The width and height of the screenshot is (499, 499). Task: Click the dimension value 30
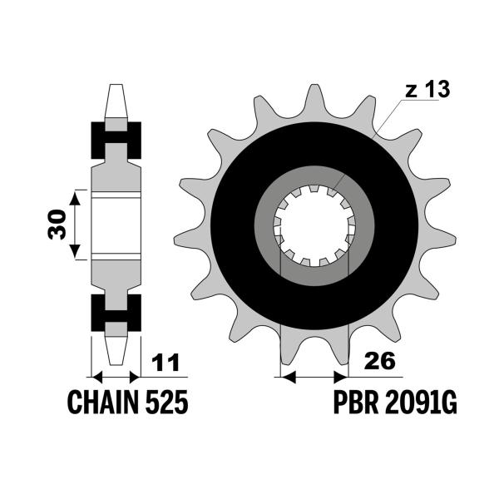coord(57,224)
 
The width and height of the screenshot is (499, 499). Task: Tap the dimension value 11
coord(166,363)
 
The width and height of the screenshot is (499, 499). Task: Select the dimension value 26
coord(380,361)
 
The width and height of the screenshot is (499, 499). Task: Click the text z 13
coord(427,89)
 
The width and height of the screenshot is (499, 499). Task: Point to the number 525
coord(167,403)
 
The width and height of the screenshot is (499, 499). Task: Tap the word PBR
coord(356,403)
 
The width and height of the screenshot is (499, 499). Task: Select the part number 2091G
coord(421,403)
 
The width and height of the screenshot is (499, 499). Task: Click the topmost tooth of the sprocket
coord(314,101)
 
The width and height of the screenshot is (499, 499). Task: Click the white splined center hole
coord(314,225)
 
